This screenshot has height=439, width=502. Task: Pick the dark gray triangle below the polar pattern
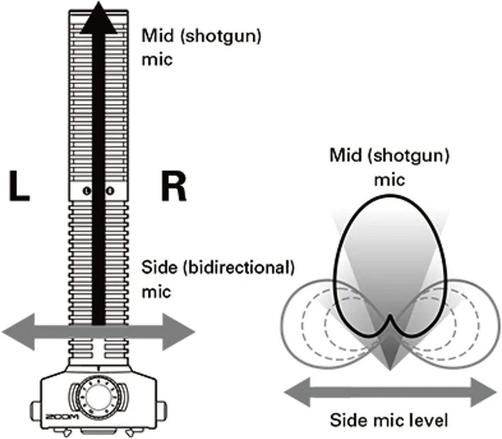coord(389,354)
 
